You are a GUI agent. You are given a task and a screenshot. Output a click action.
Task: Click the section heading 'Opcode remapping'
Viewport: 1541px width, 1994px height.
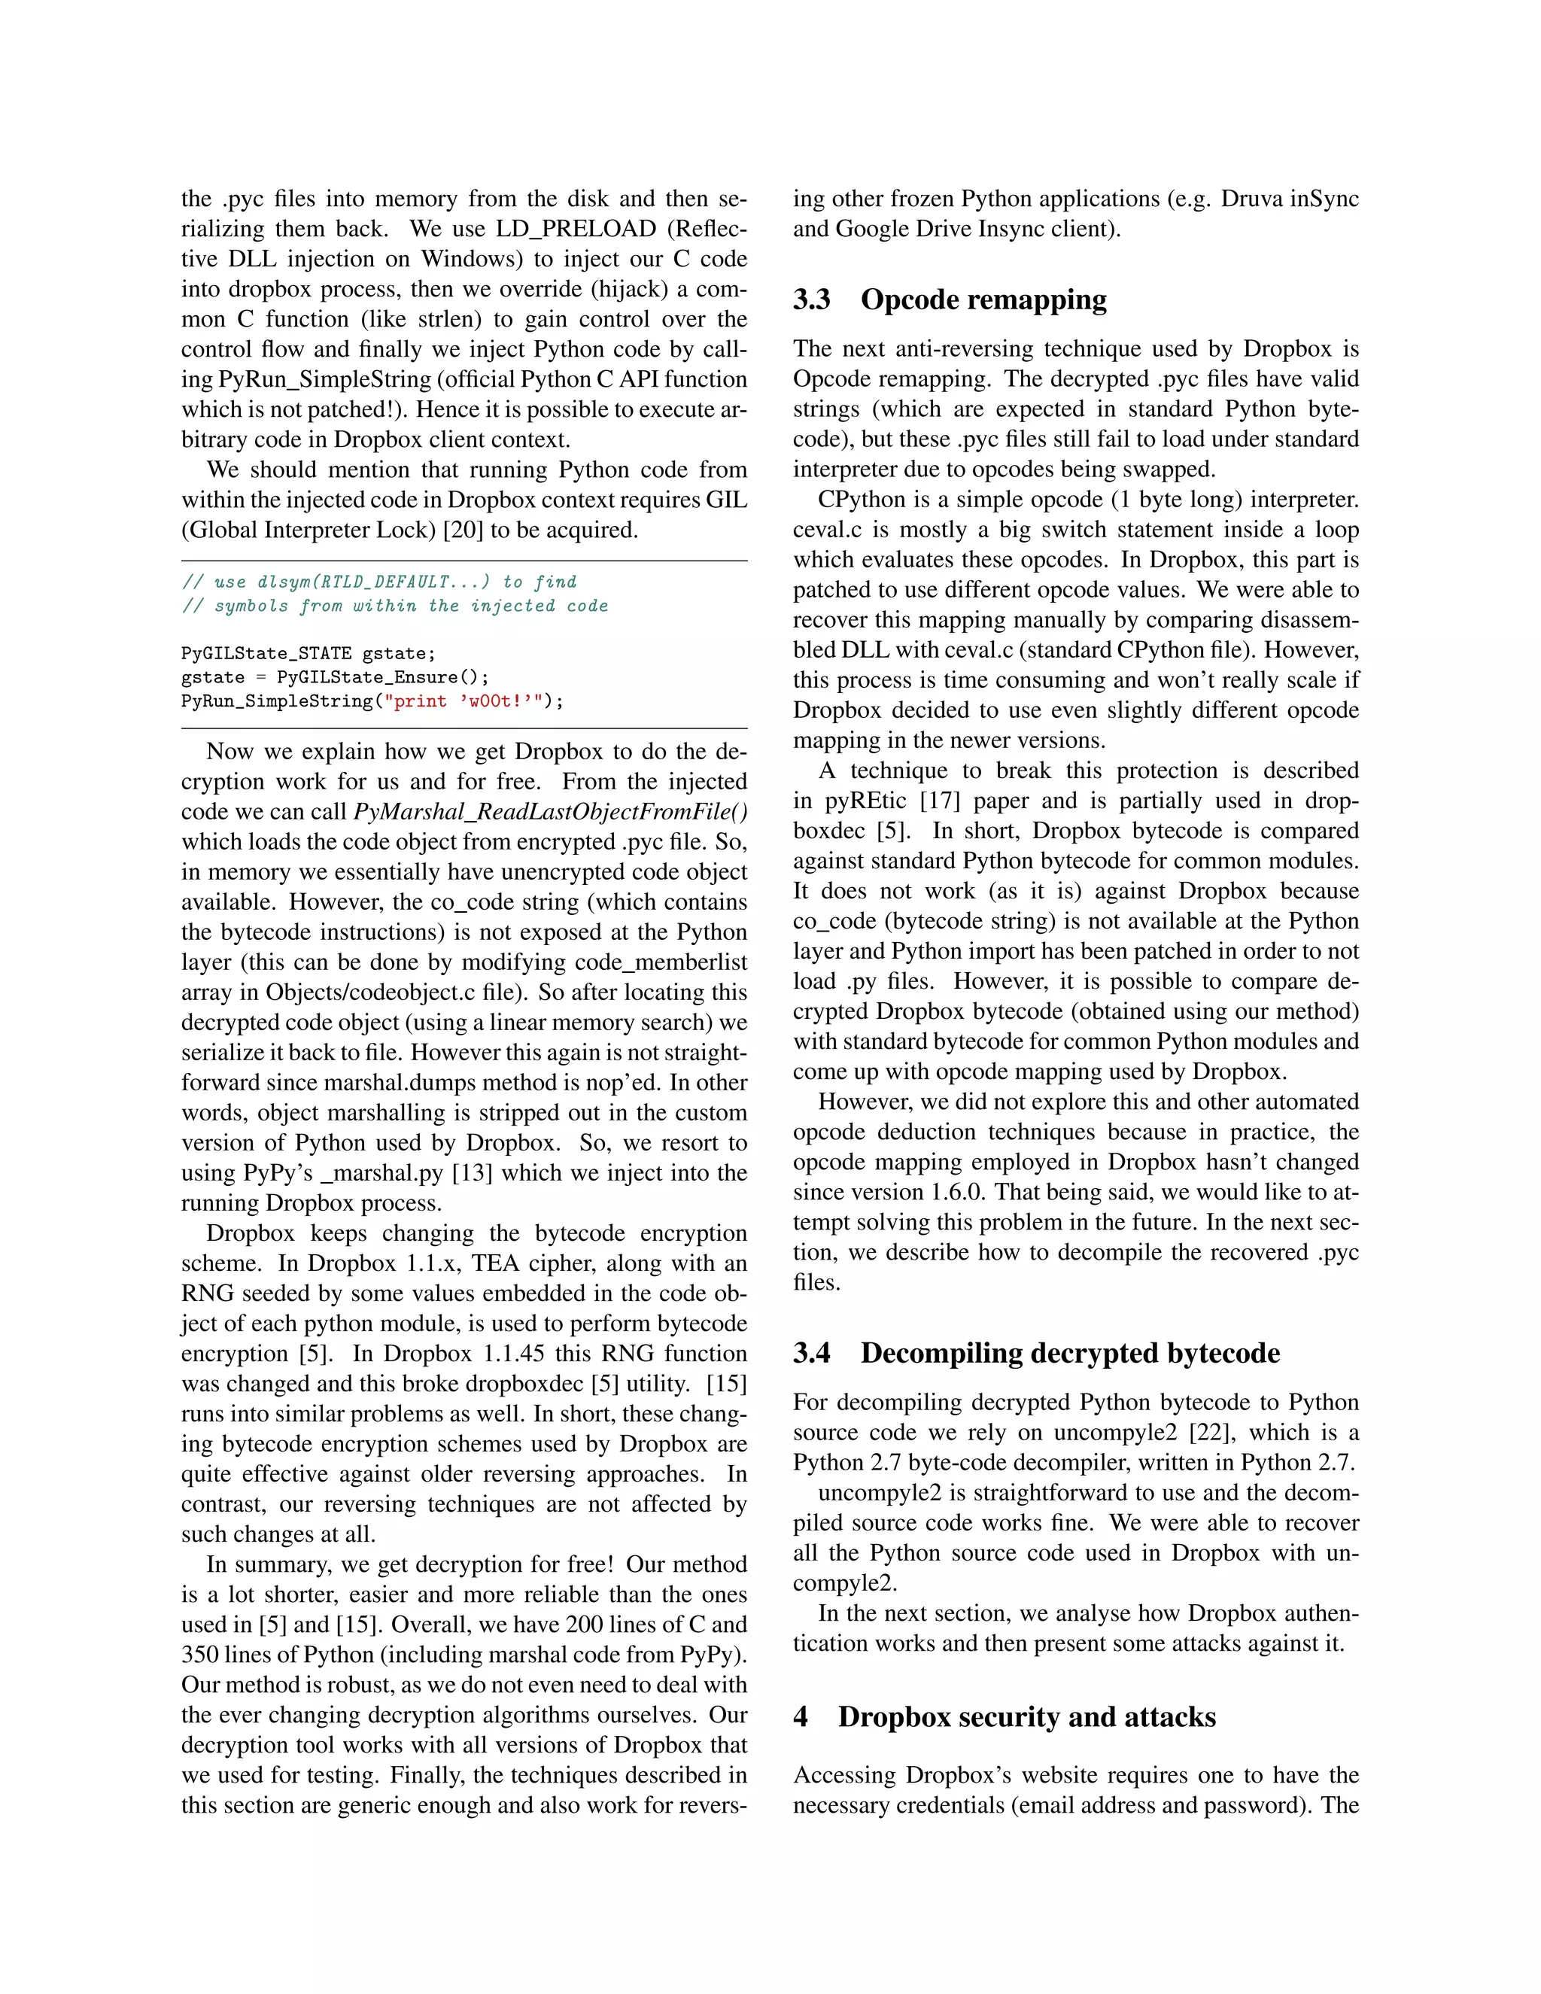(983, 299)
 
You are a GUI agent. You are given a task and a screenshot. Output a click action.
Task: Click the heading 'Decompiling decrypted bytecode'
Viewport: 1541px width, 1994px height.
(1070, 1352)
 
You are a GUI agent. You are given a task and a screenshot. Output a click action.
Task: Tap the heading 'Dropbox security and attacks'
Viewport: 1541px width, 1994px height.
(1027, 1716)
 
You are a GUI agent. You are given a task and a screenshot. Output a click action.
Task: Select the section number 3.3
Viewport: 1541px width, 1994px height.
(812, 299)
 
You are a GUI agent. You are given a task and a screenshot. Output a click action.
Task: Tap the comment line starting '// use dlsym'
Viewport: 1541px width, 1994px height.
(379, 582)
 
